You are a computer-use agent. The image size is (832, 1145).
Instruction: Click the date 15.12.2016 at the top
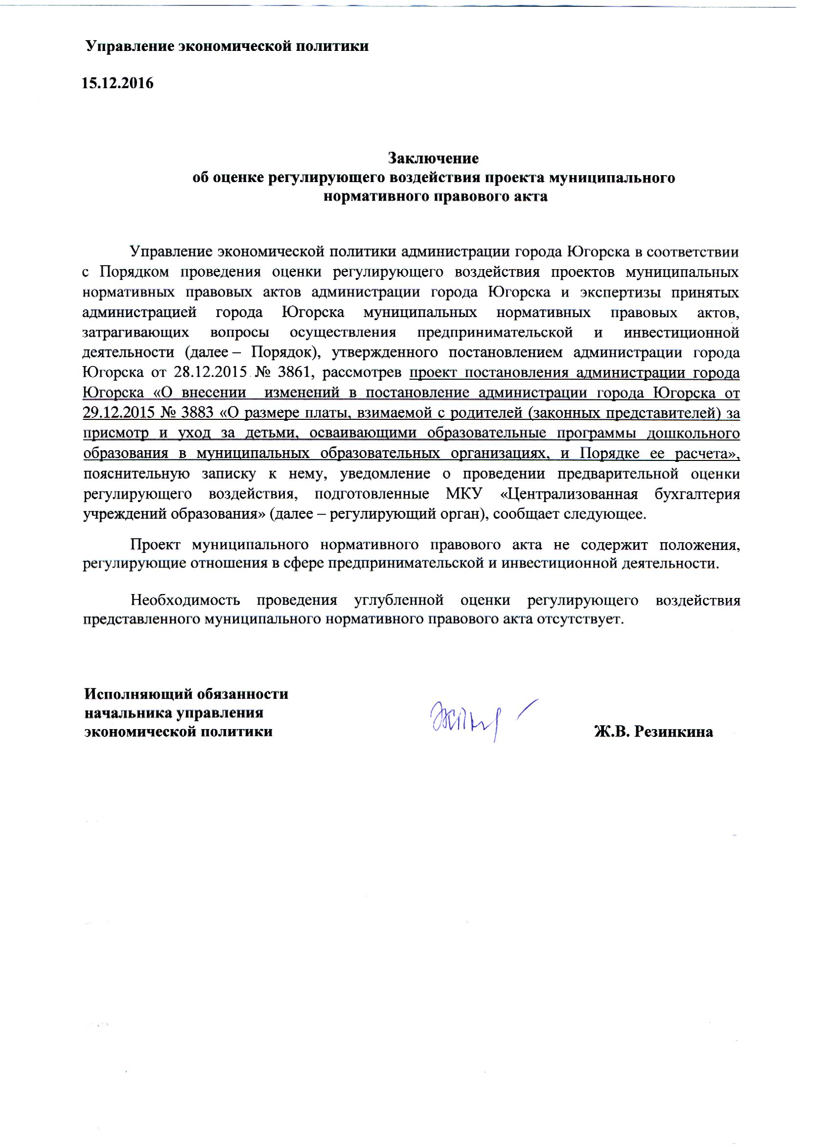[117, 83]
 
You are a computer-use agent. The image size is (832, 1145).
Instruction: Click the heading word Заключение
[433, 159]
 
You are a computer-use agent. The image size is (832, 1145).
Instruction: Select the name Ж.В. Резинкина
[653, 732]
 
